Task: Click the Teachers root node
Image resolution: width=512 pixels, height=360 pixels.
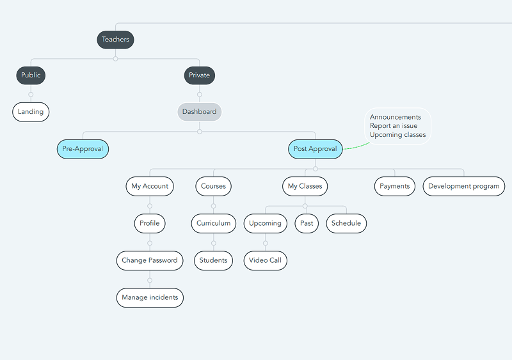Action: (115, 40)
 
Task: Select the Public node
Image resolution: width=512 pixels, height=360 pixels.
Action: (31, 75)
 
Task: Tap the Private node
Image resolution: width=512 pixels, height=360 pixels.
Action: (199, 75)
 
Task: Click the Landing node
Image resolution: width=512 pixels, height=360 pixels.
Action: (31, 112)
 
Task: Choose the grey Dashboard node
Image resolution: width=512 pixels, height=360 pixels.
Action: (199, 112)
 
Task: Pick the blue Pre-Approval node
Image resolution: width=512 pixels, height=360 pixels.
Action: (83, 149)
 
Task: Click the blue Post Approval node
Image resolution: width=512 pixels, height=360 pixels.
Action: (315, 149)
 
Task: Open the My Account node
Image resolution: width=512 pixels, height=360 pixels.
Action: (150, 186)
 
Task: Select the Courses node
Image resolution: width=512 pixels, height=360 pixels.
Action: (213, 186)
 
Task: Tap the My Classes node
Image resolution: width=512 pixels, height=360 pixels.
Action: (305, 186)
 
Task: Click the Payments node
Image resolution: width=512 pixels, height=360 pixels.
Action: (394, 186)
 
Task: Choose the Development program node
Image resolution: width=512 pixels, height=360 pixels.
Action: (463, 186)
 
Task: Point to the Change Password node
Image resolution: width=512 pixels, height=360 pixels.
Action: (150, 260)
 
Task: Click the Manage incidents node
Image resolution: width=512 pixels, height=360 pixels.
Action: (150, 298)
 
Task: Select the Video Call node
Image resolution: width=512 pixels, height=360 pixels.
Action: (265, 260)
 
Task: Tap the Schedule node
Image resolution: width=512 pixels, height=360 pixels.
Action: (346, 224)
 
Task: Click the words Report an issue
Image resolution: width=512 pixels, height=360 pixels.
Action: (394, 126)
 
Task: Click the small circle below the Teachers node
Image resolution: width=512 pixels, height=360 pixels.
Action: (115, 59)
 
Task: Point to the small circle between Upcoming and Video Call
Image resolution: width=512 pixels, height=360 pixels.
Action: (266, 243)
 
